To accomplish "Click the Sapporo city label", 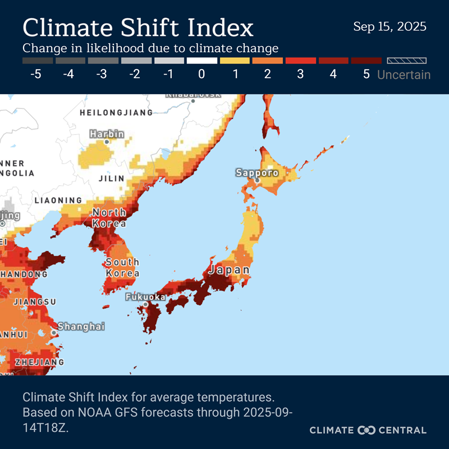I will click(257, 173).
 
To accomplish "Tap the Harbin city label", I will click(107, 135).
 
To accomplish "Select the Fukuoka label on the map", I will click(145, 296).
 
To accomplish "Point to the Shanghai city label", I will click(81, 326).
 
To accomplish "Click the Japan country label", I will click(229, 270).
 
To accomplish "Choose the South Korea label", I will click(122, 268).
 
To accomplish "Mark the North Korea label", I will click(109, 218).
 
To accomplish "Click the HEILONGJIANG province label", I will click(116, 112).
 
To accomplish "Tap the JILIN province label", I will click(111, 178).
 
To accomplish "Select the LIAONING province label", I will click(58, 200).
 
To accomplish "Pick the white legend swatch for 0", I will click(201, 60).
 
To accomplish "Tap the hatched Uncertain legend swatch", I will click(404, 60).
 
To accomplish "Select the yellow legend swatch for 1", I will click(235, 60).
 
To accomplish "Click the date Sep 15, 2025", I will click(390, 26).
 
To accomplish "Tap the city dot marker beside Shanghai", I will click(54, 332).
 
